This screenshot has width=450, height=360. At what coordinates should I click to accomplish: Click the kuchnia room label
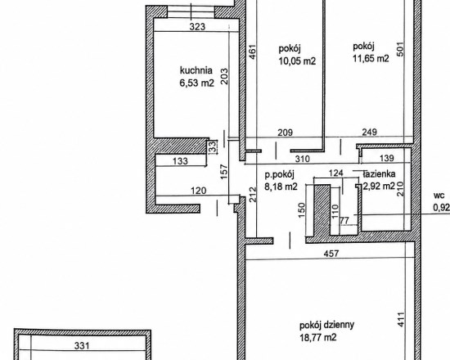[x=196, y=70]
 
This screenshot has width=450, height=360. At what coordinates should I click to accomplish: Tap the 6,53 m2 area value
[x=197, y=83]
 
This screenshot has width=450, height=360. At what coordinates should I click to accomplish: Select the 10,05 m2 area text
[x=297, y=61]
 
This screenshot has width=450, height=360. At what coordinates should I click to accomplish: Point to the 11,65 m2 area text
[x=371, y=59]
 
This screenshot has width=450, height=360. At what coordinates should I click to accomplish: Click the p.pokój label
[x=280, y=174]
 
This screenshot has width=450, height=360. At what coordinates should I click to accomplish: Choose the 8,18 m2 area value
[x=281, y=187]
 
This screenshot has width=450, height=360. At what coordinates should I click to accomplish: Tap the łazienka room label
[x=379, y=174]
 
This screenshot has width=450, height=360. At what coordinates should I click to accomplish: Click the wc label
[x=439, y=196]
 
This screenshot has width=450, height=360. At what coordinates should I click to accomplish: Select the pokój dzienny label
[x=327, y=326]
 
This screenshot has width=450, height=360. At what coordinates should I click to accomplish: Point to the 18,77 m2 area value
[x=317, y=337]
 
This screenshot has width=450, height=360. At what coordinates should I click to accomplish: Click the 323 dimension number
[x=197, y=27]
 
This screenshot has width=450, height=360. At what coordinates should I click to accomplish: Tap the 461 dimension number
[x=252, y=52]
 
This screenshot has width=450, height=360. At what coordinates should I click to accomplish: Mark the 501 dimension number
[x=401, y=49]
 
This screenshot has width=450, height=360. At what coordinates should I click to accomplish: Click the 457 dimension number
[x=331, y=254]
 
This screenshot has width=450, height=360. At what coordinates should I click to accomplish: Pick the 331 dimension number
[x=82, y=345]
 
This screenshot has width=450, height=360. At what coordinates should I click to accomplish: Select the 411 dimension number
[x=401, y=319]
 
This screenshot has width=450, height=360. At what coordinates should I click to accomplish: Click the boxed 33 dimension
[x=213, y=147]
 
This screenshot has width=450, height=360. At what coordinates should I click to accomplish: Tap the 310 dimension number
[x=303, y=159]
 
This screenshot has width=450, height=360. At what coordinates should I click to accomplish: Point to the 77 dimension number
[x=344, y=220]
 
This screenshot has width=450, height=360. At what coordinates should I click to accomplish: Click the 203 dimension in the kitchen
[x=224, y=76]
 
